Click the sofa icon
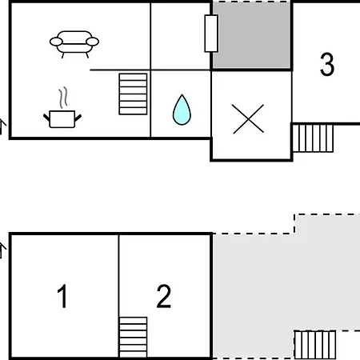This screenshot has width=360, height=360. (x=74, y=44)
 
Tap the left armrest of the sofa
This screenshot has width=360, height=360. (x=56, y=42)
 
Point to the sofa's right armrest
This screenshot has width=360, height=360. (x=92, y=42)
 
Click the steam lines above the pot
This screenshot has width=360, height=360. (x=63, y=98)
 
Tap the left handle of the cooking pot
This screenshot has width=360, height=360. (x=46, y=118)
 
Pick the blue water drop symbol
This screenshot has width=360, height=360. (x=182, y=110)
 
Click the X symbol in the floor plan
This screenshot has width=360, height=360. (x=248, y=119)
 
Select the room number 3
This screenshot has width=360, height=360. (x=327, y=64)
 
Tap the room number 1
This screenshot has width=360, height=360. (x=62, y=296)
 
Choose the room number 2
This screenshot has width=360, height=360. (x=163, y=296)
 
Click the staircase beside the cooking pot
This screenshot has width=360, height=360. (x=133, y=94)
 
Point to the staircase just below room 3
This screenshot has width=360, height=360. (x=313, y=138)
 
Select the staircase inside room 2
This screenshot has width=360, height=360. (x=133, y=338)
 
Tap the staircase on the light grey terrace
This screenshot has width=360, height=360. (x=315, y=345)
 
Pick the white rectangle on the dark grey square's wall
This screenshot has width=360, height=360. (x=211, y=34)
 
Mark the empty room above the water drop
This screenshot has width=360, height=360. (x=181, y=36)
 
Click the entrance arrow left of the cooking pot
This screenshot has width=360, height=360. (x=2, y=126)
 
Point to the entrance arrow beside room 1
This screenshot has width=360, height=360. (x=2, y=250)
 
